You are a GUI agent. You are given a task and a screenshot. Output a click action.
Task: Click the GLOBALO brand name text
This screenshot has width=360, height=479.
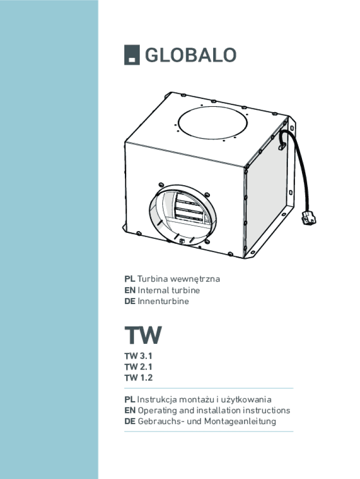coord(190,55)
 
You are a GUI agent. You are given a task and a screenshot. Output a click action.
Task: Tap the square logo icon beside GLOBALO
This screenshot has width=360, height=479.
coord(131,56)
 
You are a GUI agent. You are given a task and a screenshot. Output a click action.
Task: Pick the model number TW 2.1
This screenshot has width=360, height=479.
coord(138,367)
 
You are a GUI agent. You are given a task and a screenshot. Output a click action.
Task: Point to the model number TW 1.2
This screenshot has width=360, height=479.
coord(138,378)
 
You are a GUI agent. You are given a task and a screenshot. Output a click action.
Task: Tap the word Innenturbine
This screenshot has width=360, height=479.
coord(163,302)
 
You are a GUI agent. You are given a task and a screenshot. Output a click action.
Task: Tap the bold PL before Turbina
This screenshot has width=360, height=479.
coord(130,279)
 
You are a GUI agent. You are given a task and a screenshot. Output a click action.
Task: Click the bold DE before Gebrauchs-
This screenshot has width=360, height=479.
coord(130,421)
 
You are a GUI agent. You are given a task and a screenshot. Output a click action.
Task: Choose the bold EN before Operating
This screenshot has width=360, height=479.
coord(130,411)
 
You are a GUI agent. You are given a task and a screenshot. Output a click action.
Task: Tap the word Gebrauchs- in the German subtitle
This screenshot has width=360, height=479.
coord(161,421)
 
